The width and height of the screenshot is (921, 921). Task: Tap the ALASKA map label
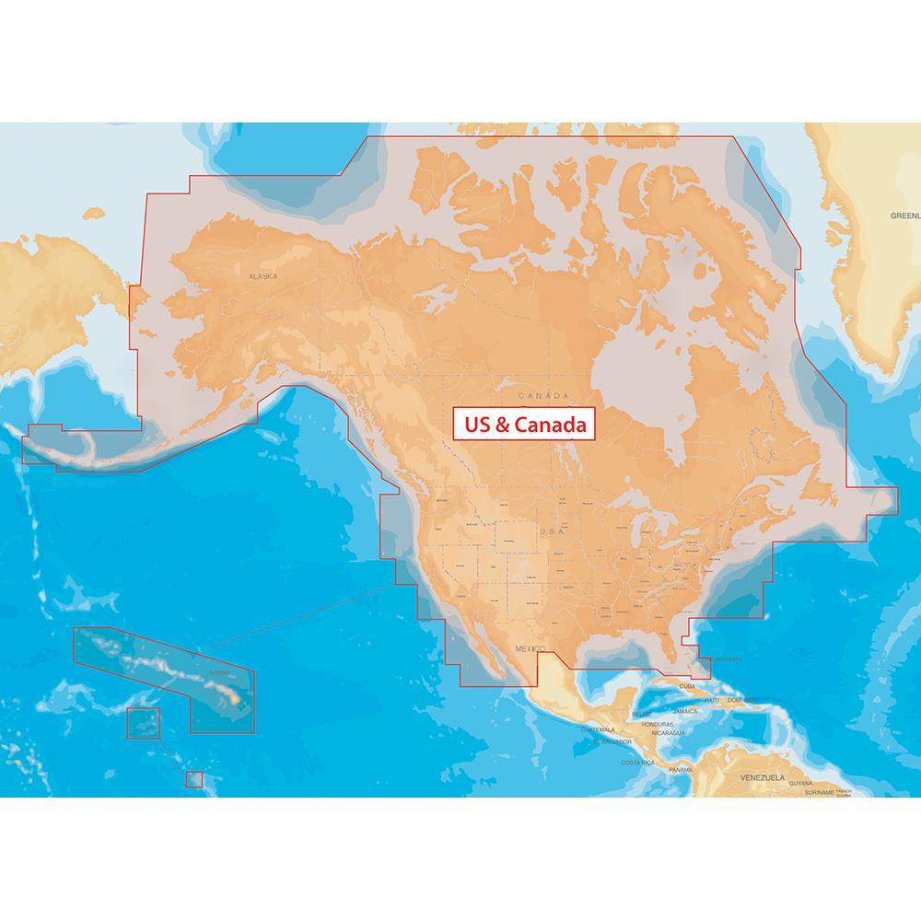click(x=263, y=275)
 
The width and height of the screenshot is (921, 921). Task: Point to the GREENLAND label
click(x=904, y=216)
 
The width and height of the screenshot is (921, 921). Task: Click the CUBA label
click(x=686, y=687)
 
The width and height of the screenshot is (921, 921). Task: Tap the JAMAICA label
click(x=685, y=711)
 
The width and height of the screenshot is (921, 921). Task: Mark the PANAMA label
click(x=681, y=769)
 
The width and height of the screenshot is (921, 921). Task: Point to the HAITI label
click(x=712, y=700)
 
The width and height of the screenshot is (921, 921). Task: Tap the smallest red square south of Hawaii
click(x=193, y=779)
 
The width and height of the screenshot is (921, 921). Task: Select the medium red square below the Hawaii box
click(x=143, y=723)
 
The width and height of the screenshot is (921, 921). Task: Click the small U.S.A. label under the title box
click(x=552, y=532)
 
